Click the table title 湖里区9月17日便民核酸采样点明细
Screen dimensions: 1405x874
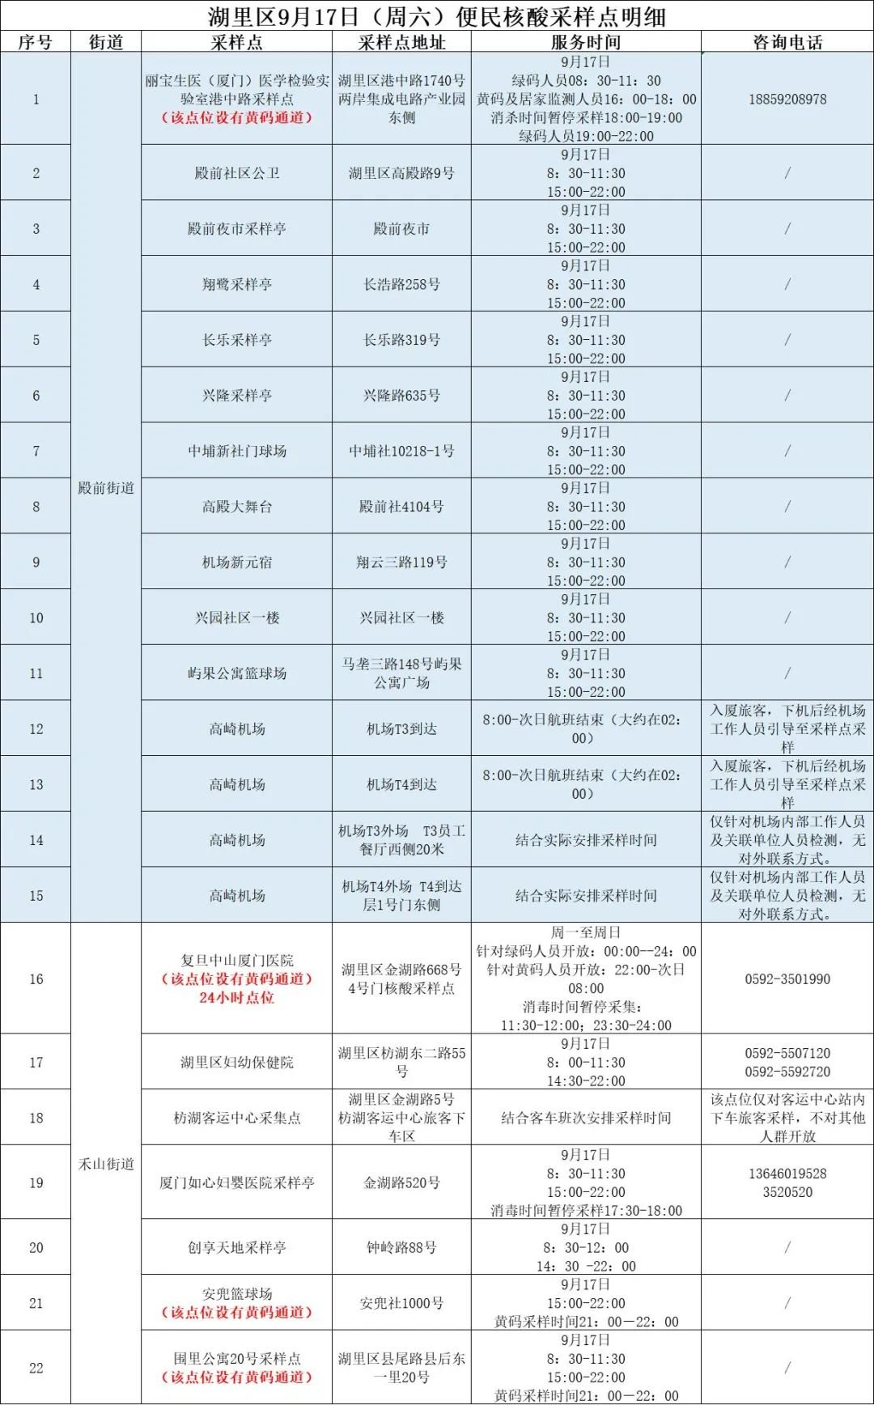437,15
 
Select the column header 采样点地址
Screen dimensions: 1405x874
401,42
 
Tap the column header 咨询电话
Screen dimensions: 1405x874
787,42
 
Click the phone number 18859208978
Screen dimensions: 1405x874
787,99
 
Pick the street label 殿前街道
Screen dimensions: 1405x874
106,488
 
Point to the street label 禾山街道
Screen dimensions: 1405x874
106,1164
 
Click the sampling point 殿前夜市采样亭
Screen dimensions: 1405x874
236,229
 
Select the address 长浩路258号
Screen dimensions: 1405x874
401,284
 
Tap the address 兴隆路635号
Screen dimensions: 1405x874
401,396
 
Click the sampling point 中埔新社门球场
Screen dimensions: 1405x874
236,451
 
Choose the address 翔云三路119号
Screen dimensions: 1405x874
401,562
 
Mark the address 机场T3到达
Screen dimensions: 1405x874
401,729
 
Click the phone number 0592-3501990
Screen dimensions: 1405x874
787,979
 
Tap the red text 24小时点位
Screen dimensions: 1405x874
236,998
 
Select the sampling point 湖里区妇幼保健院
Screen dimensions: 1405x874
236,1062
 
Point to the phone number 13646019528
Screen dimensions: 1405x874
787,1174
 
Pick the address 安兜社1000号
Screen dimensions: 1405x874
401,1303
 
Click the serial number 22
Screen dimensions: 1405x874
36,1368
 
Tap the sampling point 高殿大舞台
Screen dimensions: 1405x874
236,507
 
